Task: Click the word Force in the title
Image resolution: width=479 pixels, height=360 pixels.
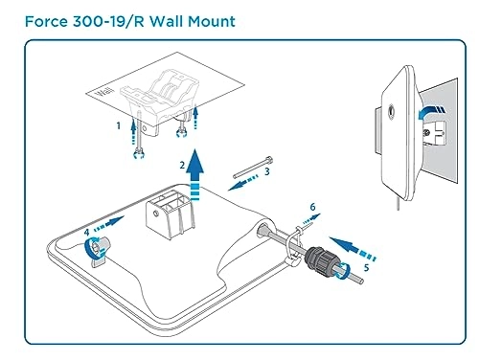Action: click(x=46, y=21)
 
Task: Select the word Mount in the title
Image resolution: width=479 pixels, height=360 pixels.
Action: click(x=212, y=21)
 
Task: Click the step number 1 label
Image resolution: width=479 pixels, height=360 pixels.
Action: click(x=119, y=125)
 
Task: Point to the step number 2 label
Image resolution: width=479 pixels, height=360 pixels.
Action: click(x=182, y=165)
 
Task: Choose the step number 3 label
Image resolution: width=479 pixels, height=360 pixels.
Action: click(x=267, y=171)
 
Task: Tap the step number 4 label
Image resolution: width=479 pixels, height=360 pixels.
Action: click(x=87, y=232)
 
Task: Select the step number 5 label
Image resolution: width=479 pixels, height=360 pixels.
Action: click(x=366, y=267)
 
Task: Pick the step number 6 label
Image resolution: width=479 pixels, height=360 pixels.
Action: click(x=312, y=207)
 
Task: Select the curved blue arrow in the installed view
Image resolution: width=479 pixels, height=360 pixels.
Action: click(x=431, y=112)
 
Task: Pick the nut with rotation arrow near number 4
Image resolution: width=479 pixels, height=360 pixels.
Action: click(x=97, y=250)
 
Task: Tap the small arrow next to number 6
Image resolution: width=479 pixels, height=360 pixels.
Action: click(x=311, y=219)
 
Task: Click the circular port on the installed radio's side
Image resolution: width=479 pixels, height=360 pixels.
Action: click(x=390, y=112)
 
